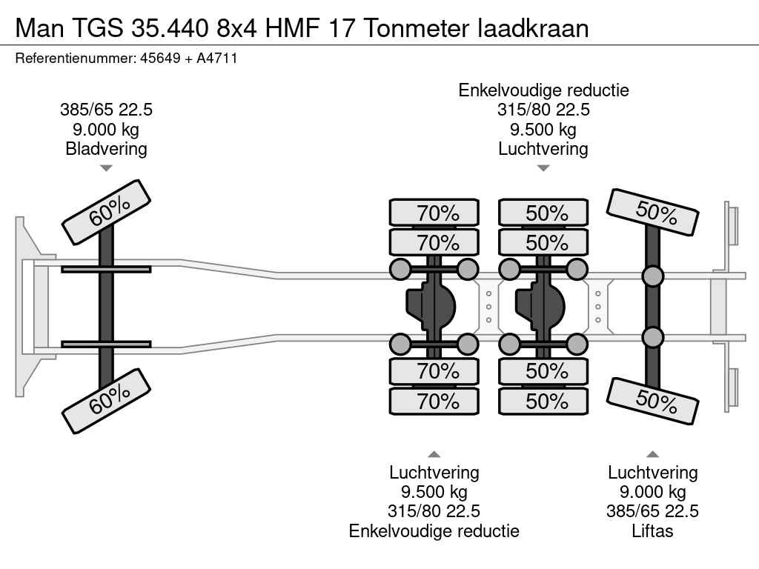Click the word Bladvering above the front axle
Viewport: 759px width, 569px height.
(x=106, y=148)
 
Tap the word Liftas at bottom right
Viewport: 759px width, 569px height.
(x=652, y=530)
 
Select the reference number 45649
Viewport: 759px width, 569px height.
(x=160, y=58)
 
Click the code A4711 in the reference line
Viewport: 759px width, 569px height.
(x=216, y=58)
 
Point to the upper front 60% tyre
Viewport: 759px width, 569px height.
(x=106, y=211)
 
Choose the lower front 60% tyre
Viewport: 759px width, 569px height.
(x=106, y=402)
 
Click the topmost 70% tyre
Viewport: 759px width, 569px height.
(x=434, y=213)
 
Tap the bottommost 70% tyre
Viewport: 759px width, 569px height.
(x=434, y=401)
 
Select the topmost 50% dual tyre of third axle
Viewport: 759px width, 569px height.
(x=543, y=213)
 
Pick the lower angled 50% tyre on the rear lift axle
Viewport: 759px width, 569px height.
(x=652, y=401)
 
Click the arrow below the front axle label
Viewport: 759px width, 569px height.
(x=106, y=168)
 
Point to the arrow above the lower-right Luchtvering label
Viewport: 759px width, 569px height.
(x=652, y=454)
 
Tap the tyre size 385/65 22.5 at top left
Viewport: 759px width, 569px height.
(x=106, y=110)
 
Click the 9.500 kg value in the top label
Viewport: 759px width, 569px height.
(x=543, y=130)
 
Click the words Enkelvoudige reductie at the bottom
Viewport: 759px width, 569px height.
(x=434, y=530)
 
